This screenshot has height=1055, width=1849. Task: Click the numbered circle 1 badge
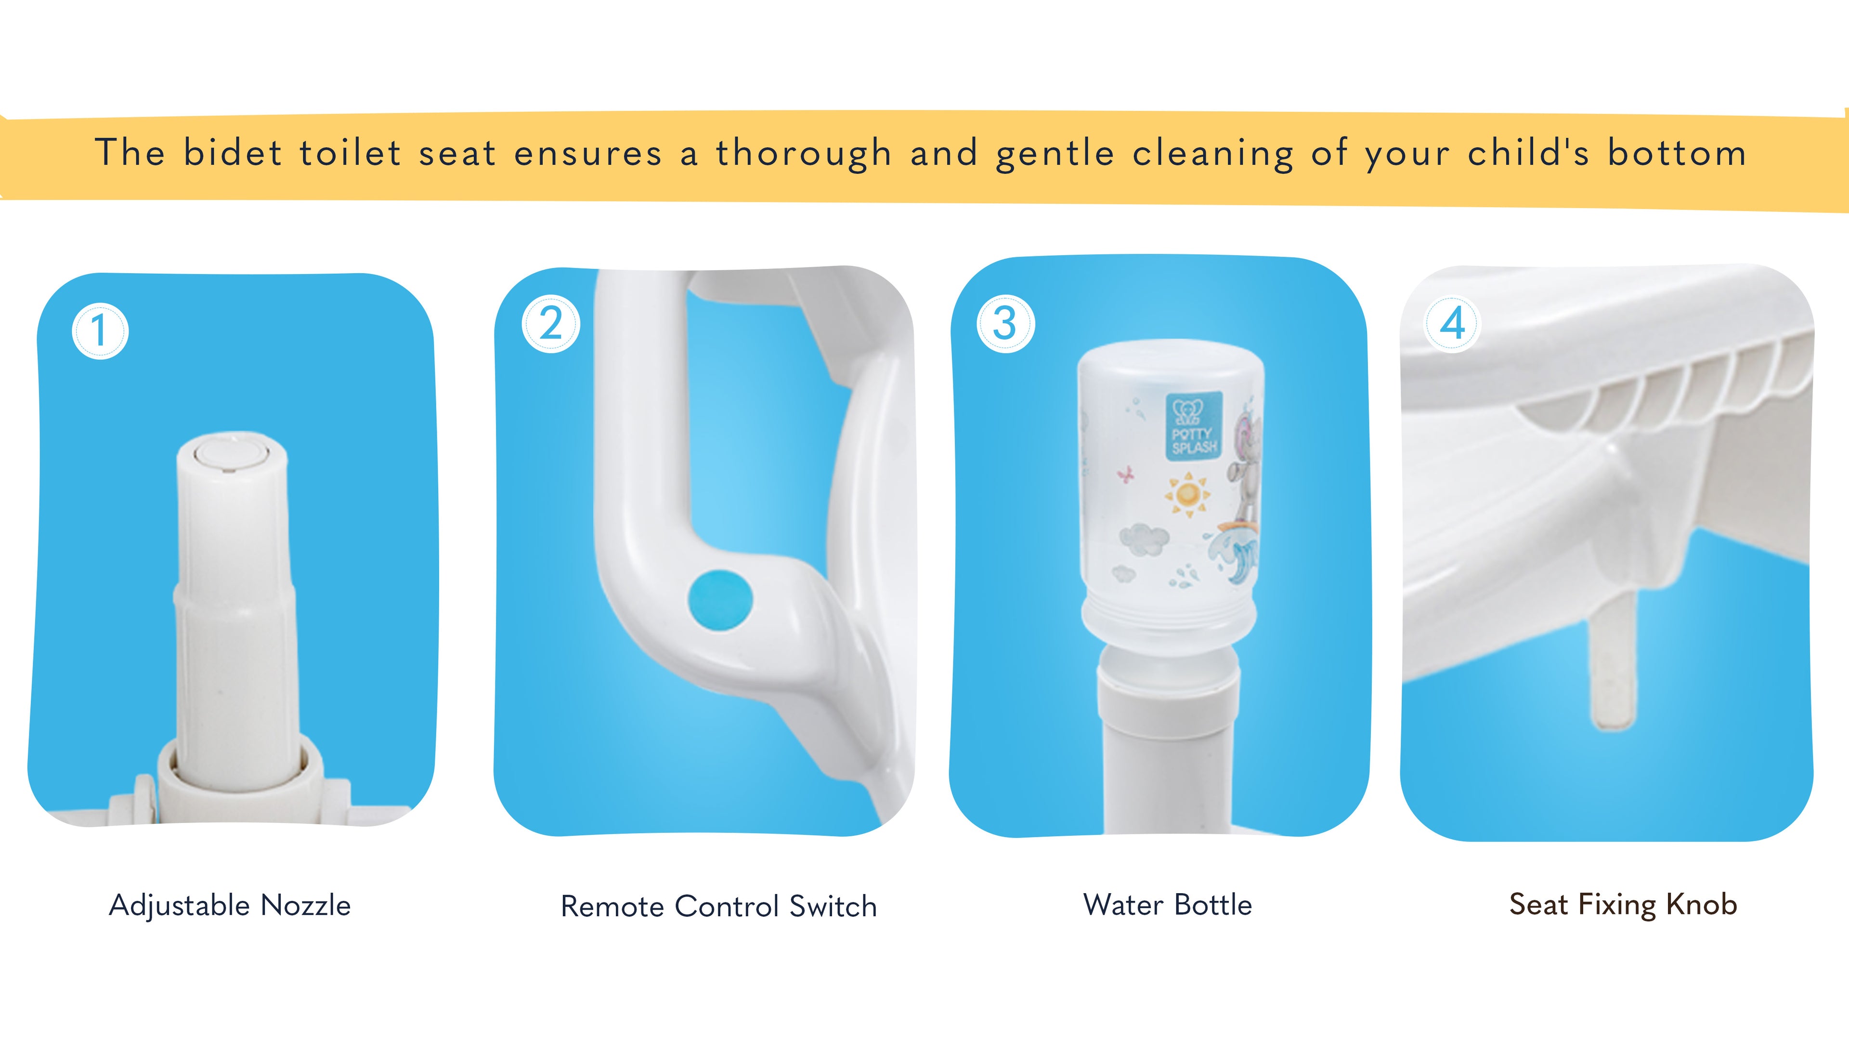point(100,331)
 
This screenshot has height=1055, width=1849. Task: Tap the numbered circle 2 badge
point(551,324)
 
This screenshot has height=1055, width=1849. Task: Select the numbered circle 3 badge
point(1005,323)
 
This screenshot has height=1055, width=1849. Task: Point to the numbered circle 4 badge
point(1452,324)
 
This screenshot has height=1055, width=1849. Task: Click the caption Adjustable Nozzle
point(230,905)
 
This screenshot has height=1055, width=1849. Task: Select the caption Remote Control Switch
point(718,907)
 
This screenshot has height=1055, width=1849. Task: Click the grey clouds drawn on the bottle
point(1144,539)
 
